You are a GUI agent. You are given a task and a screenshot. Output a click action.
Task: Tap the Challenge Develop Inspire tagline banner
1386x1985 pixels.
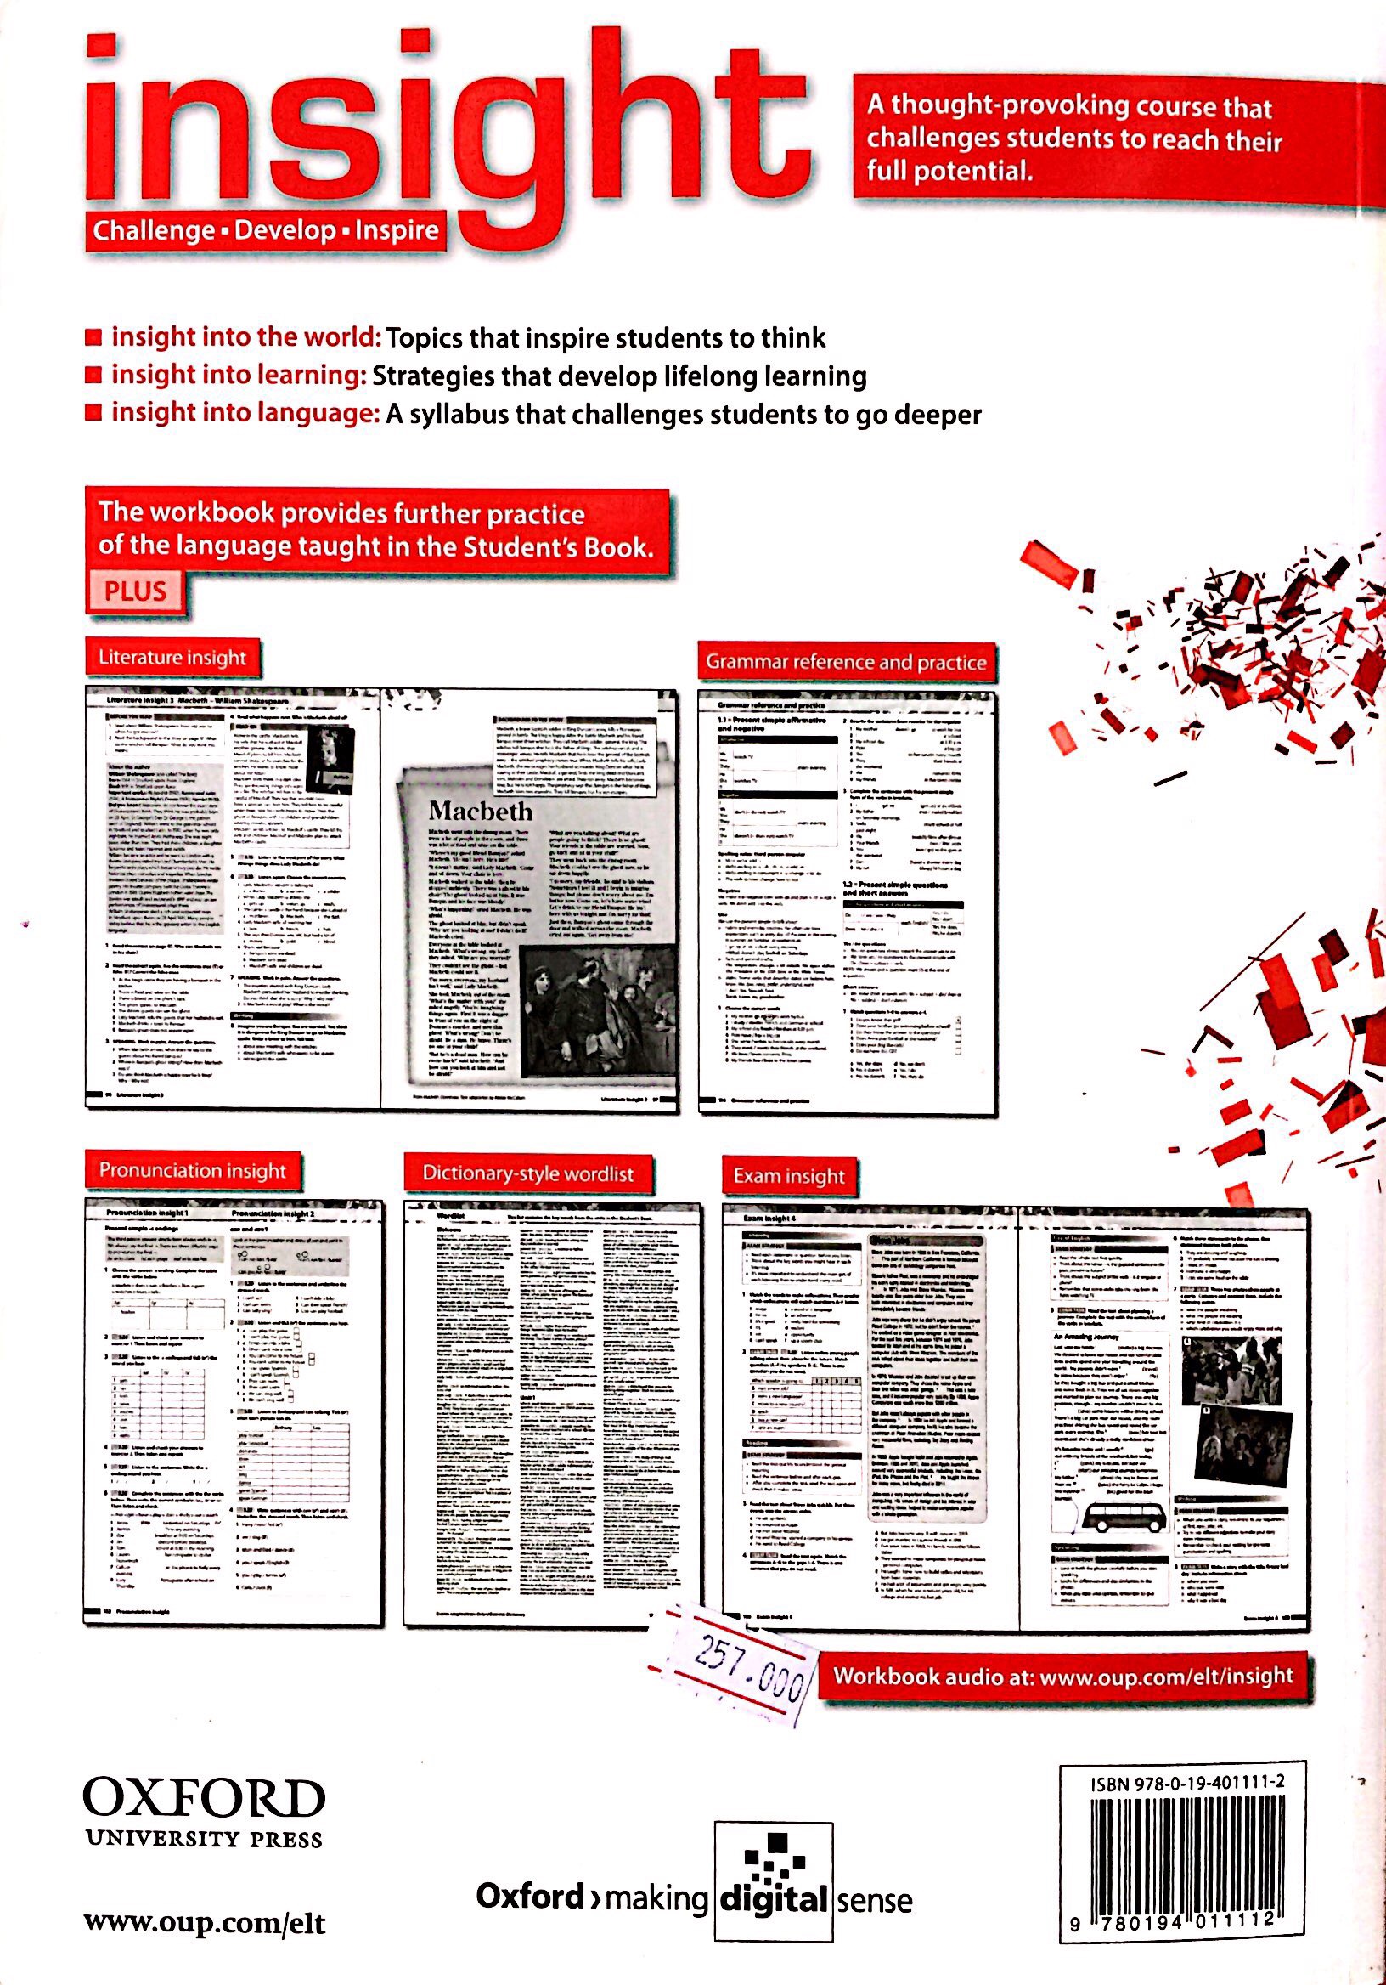tap(265, 231)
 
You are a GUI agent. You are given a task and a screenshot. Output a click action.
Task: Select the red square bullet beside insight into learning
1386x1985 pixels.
tap(93, 376)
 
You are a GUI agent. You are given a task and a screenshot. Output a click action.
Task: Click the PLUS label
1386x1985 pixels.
tap(136, 591)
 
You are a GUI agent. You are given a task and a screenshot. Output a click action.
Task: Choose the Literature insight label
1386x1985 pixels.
tap(172, 658)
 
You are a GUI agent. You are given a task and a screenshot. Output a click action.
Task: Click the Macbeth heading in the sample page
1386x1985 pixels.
tap(481, 811)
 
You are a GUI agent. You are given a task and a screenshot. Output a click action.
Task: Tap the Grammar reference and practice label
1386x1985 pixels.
tap(845, 662)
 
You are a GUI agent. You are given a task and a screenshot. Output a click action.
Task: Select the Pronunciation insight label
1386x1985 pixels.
tap(192, 1171)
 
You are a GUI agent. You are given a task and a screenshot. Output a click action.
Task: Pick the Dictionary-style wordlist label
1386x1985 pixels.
tap(527, 1174)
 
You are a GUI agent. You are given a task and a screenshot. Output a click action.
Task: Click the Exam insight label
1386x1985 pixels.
tap(788, 1176)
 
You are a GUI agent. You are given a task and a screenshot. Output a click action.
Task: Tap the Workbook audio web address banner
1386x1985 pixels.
tap(1062, 1677)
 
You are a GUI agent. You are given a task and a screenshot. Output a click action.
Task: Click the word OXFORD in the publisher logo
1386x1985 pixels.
tap(204, 1799)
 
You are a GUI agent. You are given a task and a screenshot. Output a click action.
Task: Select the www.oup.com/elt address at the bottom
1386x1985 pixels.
tap(205, 1924)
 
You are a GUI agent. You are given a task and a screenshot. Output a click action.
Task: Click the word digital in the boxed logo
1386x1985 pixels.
tap(774, 1899)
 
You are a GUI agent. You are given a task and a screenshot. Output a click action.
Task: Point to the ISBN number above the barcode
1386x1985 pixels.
tap(1186, 1782)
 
